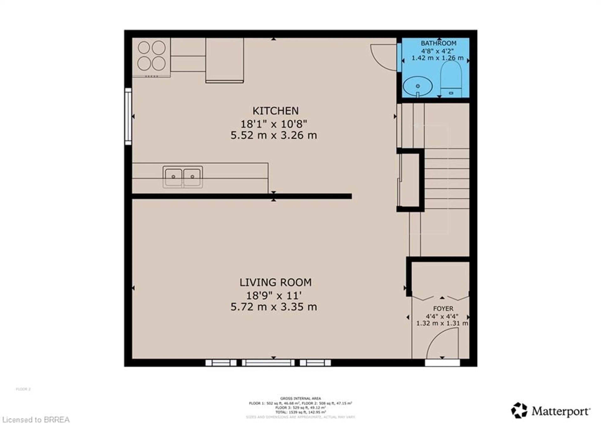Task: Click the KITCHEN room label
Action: pos(275,111)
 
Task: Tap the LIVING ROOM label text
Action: pos(275,282)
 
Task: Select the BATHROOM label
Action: pos(438,43)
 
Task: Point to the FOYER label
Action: pos(443,308)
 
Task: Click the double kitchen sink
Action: pos(183,177)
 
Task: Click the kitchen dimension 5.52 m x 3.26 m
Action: pos(274,135)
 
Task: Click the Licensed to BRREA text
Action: pos(35,420)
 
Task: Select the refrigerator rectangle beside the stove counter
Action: pos(225,60)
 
